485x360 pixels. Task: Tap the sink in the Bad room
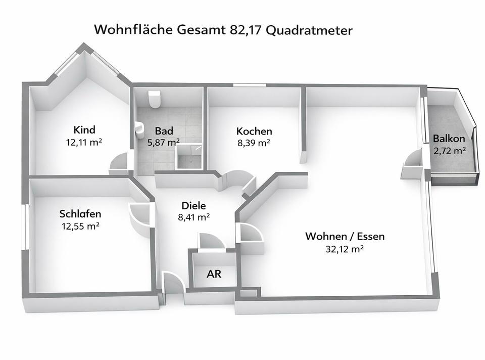click(139, 130)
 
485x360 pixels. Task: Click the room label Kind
click(84, 130)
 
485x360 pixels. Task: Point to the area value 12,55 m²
click(79, 226)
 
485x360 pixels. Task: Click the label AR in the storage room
click(214, 275)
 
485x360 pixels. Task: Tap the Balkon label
click(449, 139)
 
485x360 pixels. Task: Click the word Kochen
click(254, 131)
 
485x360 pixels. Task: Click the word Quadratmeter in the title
click(309, 30)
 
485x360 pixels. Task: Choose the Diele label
click(193, 206)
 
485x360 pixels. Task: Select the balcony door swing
click(412, 165)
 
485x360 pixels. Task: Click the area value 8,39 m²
click(254, 143)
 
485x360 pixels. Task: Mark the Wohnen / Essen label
click(345, 236)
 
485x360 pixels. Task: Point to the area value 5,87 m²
click(164, 143)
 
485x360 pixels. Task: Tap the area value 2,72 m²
click(449, 151)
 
